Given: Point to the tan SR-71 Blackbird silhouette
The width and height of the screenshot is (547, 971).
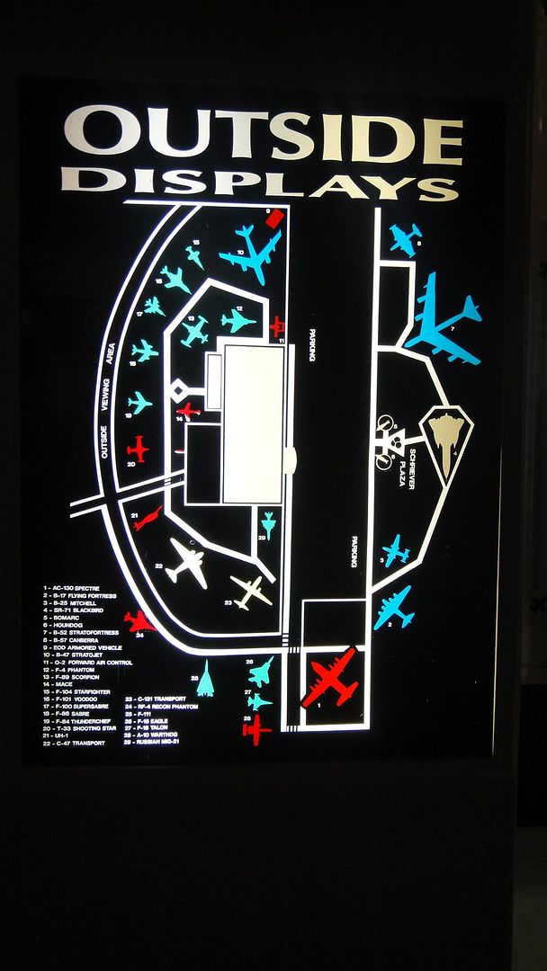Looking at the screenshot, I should (447, 437).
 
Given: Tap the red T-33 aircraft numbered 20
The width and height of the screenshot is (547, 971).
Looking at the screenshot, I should (138, 447).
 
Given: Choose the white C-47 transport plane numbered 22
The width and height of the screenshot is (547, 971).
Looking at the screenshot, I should (187, 563).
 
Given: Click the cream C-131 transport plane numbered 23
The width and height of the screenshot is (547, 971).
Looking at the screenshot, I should (251, 591).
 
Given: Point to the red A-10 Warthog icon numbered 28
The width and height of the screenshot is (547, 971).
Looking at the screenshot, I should (256, 729).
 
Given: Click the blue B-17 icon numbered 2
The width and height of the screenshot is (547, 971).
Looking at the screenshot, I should (394, 608).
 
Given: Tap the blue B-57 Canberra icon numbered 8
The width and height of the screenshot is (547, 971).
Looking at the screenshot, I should (405, 238).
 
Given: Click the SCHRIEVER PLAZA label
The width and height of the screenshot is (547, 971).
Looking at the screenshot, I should (407, 468).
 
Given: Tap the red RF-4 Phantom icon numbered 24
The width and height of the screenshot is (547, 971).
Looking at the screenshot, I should (139, 620).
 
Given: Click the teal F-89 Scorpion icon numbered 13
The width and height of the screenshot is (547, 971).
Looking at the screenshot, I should (193, 332).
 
